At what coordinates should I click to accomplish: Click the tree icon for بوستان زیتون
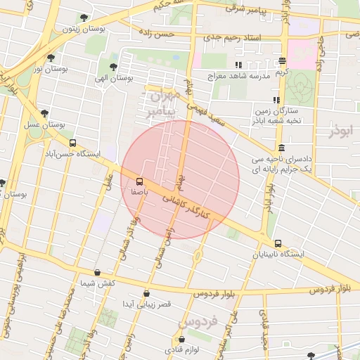tap(84, 18)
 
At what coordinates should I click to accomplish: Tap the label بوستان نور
tap(28, 68)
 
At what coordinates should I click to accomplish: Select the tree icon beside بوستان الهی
tap(113, 67)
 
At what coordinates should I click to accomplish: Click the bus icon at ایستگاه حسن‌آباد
tap(73, 143)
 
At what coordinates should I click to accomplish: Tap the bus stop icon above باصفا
tap(139, 180)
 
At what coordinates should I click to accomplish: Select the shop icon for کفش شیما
tap(97, 272)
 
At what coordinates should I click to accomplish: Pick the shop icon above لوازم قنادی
tap(181, 340)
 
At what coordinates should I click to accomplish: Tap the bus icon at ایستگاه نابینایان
tap(278, 243)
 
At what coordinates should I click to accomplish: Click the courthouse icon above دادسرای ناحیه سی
tap(281, 148)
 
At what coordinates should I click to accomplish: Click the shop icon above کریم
tap(282, 61)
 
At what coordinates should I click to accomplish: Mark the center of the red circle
tap(180, 180)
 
